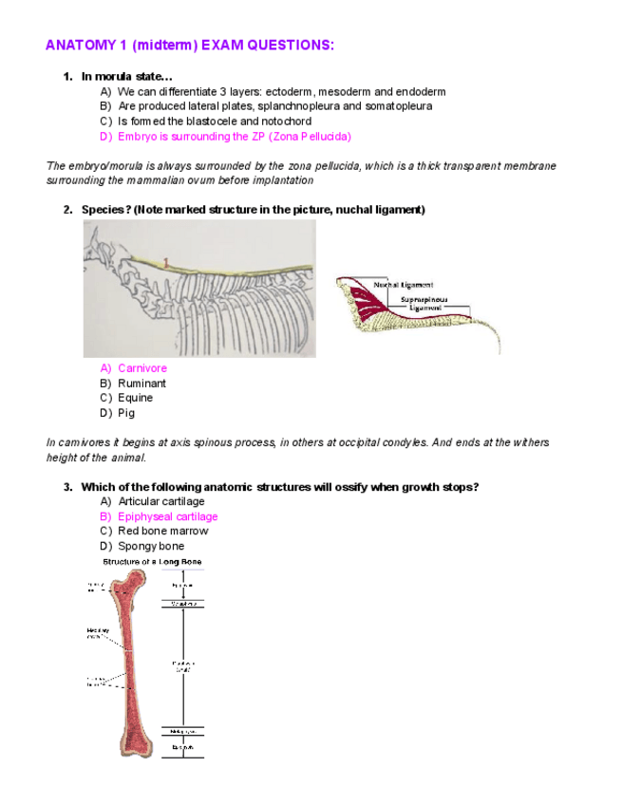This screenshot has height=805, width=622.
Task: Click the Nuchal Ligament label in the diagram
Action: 404,285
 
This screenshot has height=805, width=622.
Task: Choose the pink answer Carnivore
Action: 141,368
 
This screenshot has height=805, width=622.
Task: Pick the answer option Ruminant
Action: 141,384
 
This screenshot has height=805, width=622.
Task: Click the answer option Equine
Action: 135,398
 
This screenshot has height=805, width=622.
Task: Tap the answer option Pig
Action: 126,413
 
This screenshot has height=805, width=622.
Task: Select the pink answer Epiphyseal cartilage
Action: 167,516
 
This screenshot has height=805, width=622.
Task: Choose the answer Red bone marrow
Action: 162,531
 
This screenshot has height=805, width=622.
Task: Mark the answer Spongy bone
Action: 151,546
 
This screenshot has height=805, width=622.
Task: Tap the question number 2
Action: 68,209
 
